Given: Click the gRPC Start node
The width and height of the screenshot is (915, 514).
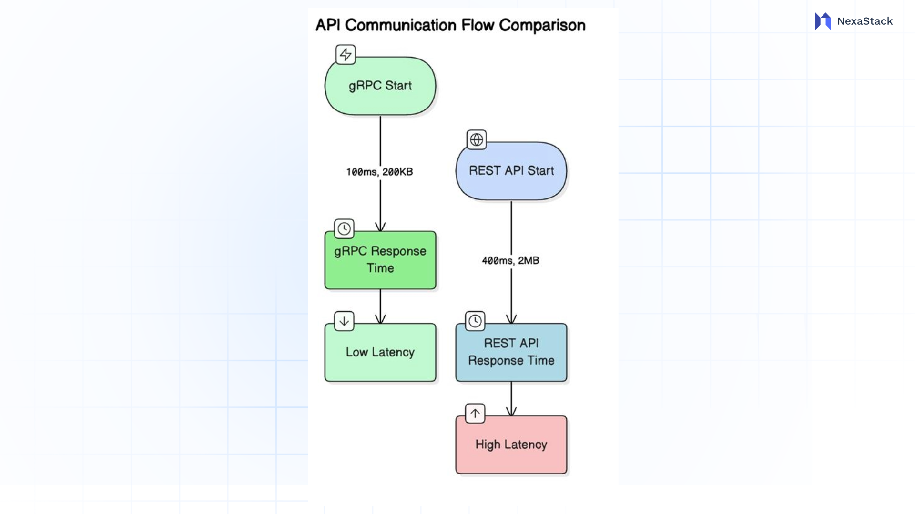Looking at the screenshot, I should (380, 86).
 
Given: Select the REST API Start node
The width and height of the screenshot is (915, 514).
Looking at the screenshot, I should (511, 171).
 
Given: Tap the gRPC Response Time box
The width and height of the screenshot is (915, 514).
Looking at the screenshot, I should (380, 260).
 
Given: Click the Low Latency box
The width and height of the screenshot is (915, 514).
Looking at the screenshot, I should (380, 353).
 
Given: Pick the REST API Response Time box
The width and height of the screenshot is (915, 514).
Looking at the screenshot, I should (511, 352).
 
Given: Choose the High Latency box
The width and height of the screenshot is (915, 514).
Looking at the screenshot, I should (511, 445).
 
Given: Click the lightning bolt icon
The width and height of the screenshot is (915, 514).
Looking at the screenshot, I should (346, 54).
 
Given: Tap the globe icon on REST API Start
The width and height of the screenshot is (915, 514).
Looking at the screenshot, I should (477, 139).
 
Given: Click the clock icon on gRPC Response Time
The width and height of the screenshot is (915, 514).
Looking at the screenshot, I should (344, 229).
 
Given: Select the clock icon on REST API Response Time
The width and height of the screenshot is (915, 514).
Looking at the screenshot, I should (475, 321).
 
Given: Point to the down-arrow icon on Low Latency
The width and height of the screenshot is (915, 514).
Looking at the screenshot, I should (344, 321).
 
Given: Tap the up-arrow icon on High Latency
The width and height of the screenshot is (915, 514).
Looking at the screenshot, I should (475, 414).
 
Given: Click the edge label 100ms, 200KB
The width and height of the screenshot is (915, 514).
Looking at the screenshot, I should (379, 172).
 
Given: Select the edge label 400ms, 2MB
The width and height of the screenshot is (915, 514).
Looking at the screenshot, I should (510, 261).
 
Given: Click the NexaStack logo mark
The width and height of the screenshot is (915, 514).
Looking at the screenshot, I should (823, 21).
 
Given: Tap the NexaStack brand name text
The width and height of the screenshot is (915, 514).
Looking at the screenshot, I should (864, 21).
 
